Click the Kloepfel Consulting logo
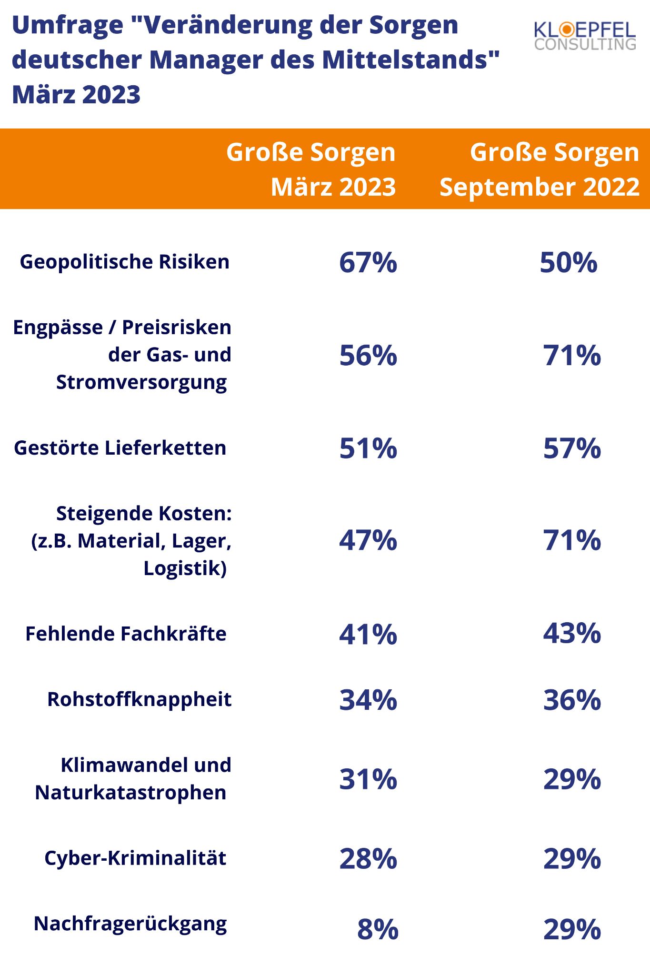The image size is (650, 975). pyautogui.click(x=585, y=36)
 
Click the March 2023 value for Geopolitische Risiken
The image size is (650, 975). pyautogui.click(x=368, y=262)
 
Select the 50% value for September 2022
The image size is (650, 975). pyautogui.click(x=568, y=262)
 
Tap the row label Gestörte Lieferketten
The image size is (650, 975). pyautogui.click(x=120, y=448)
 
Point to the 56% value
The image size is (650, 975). pyautogui.click(x=368, y=355)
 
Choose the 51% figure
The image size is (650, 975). pyautogui.click(x=368, y=448)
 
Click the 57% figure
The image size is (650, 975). pyautogui.click(x=571, y=448)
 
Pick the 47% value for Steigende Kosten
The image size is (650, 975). pyautogui.click(x=368, y=540)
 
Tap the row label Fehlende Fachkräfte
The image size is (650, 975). pyautogui.click(x=126, y=634)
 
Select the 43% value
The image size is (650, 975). pyautogui.click(x=571, y=634)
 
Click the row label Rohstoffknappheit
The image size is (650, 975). pyautogui.click(x=139, y=699)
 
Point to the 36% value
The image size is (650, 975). pyautogui.click(x=571, y=700)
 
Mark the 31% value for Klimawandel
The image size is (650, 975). pyautogui.click(x=368, y=779)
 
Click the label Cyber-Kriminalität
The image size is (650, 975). pyautogui.click(x=135, y=858)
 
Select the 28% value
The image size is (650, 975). pyautogui.click(x=368, y=859)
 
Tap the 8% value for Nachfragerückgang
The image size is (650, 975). pyautogui.click(x=378, y=930)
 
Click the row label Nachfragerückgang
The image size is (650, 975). pyautogui.click(x=130, y=924)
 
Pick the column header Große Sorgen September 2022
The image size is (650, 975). pyautogui.click(x=539, y=169)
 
